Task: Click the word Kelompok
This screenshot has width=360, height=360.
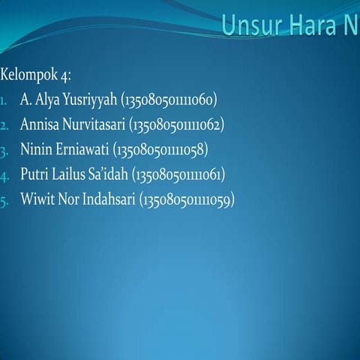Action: (29, 76)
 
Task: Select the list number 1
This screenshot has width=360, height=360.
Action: (4, 100)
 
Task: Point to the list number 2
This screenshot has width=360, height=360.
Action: (4, 124)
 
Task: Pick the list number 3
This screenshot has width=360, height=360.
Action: (4, 150)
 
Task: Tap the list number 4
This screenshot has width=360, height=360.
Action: (4, 175)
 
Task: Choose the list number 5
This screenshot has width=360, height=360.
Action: (4, 200)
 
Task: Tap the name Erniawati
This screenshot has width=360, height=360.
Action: (83, 149)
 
